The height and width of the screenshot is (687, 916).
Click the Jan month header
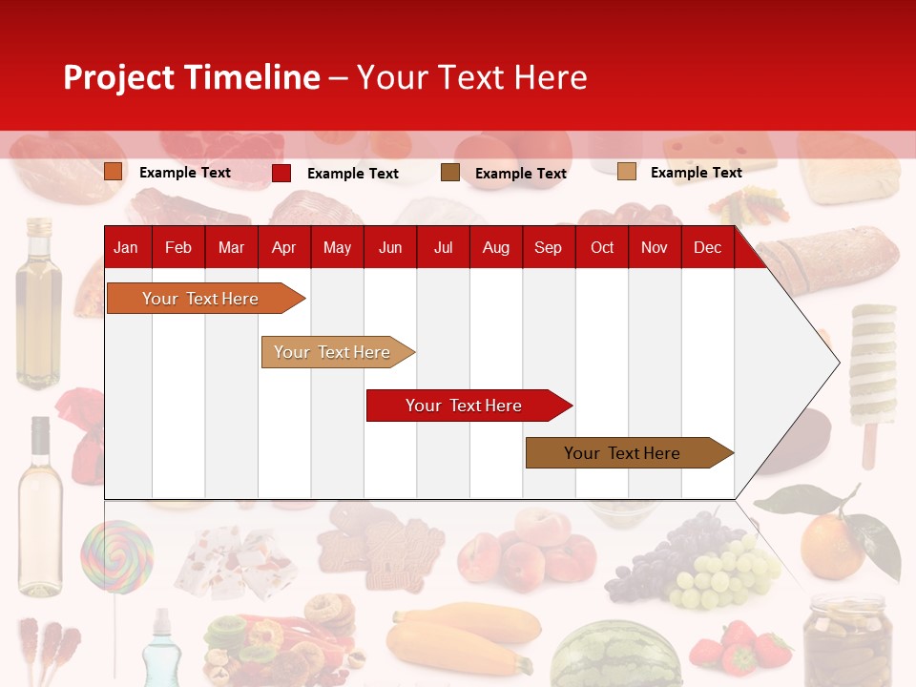point(126,247)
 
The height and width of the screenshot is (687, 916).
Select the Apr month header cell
point(283,247)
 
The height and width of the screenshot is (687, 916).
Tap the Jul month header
point(443,247)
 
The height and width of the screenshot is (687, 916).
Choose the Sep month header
point(548,247)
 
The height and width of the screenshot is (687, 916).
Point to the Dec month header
point(707,247)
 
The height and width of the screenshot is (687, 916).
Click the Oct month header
point(602,247)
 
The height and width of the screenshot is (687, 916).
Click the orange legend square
point(114,172)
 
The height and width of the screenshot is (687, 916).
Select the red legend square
point(281,173)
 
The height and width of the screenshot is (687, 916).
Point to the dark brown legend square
point(450,173)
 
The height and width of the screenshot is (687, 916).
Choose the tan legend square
point(627,172)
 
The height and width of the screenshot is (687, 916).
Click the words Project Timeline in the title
point(192,77)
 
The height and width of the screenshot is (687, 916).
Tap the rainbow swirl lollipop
point(116,556)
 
